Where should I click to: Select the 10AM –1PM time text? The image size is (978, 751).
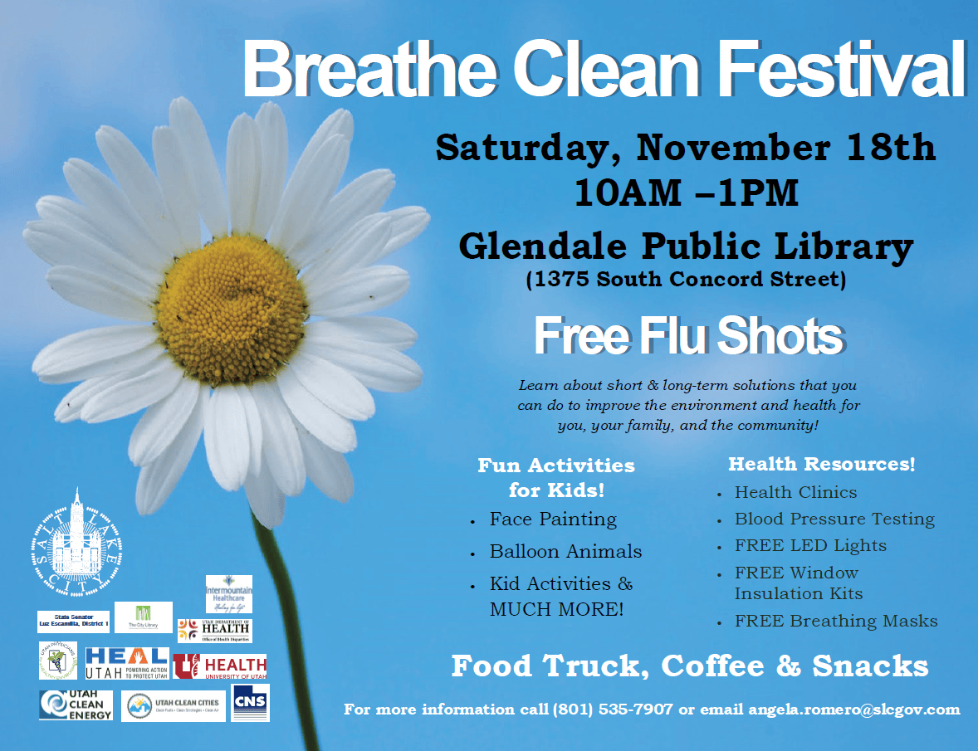click(686, 193)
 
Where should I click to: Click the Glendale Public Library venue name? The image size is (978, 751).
click(686, 246)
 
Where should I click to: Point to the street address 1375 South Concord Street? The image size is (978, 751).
click(686, 280)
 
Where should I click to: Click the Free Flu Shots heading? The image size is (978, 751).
click(687, 336)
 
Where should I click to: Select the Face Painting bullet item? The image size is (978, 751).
click(553, 519)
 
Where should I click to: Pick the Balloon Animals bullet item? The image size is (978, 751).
click(565, 552)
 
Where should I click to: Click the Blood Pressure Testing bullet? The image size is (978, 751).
click(834, 519)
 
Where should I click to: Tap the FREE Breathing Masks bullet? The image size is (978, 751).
click(836, 622)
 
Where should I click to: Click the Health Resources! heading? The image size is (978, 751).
click(821, 465)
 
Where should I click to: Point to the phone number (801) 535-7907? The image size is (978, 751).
click(612, 710)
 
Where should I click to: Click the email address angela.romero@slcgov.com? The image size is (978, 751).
click(853, 710)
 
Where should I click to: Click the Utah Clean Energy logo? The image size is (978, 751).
click(76, 705)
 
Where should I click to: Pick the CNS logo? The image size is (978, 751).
click(251, 703)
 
